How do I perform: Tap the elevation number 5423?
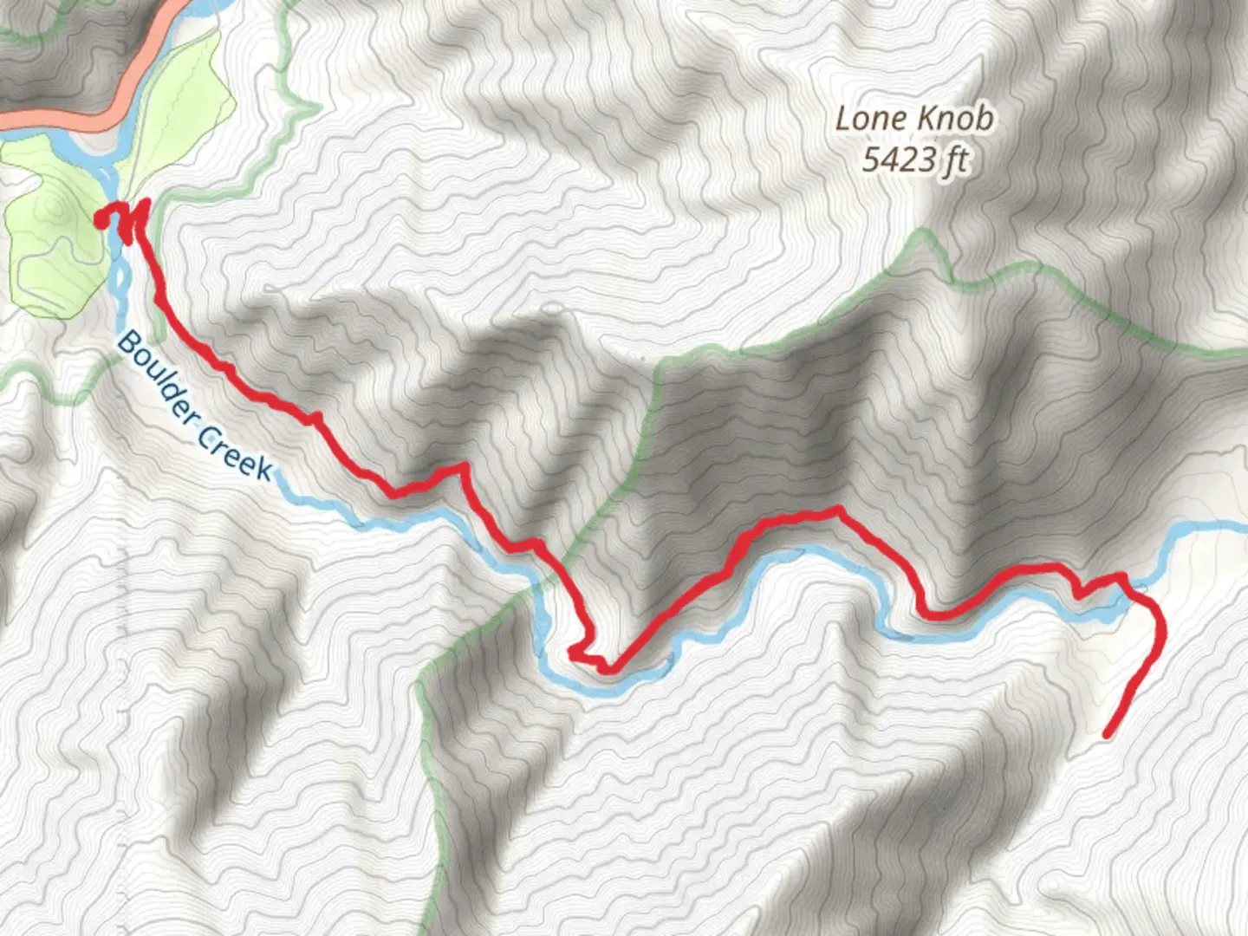900,159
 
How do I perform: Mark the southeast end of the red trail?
1108,736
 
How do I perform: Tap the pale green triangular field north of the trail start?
182,113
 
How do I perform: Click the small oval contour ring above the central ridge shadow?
550,308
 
